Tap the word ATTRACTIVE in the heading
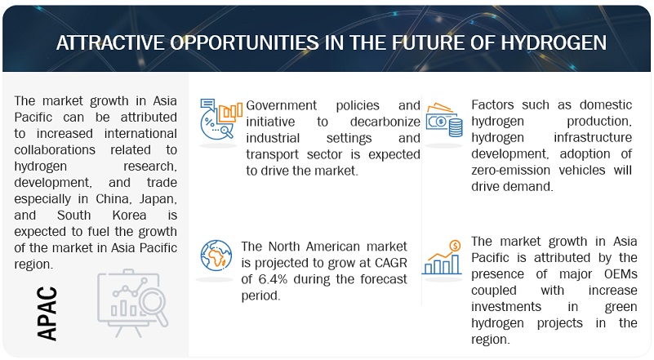(x=110, y=42)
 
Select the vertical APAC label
(x=47, y=313)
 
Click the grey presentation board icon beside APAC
(x=132, y=303)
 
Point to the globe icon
(x=216, y=256)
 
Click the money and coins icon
(x=444, y=121)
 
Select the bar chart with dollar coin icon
(x=442, y=258)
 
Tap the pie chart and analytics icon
(x=220, y=119)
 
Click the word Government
(x=281, y=105)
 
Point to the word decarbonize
(x=385, y=122)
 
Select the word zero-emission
(x=510, y=170)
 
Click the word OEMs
(x=621, y=274)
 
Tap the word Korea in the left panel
(x=129, y=216)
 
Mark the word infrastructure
(x=593, y=138)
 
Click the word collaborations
(x=55, y=150)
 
